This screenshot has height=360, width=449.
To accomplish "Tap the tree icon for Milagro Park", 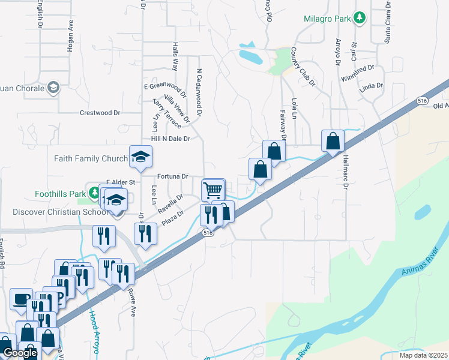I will (360, 18).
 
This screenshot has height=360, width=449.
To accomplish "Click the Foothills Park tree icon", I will (94, 193).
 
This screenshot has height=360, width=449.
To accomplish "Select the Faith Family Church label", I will (91, 159).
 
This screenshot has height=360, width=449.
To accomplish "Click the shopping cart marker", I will (213, 190).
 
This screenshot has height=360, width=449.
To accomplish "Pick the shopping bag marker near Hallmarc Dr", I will (333, 141).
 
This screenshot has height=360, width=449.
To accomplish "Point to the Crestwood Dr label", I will (100, 113).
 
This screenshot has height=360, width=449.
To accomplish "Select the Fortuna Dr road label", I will (173, 176).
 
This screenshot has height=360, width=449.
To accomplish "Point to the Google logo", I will (19, 353).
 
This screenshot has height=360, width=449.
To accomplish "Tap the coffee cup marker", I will (22, 299).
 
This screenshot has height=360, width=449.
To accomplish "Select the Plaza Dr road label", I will (172, 217).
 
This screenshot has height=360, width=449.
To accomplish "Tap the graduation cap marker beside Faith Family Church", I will (141, 157).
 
